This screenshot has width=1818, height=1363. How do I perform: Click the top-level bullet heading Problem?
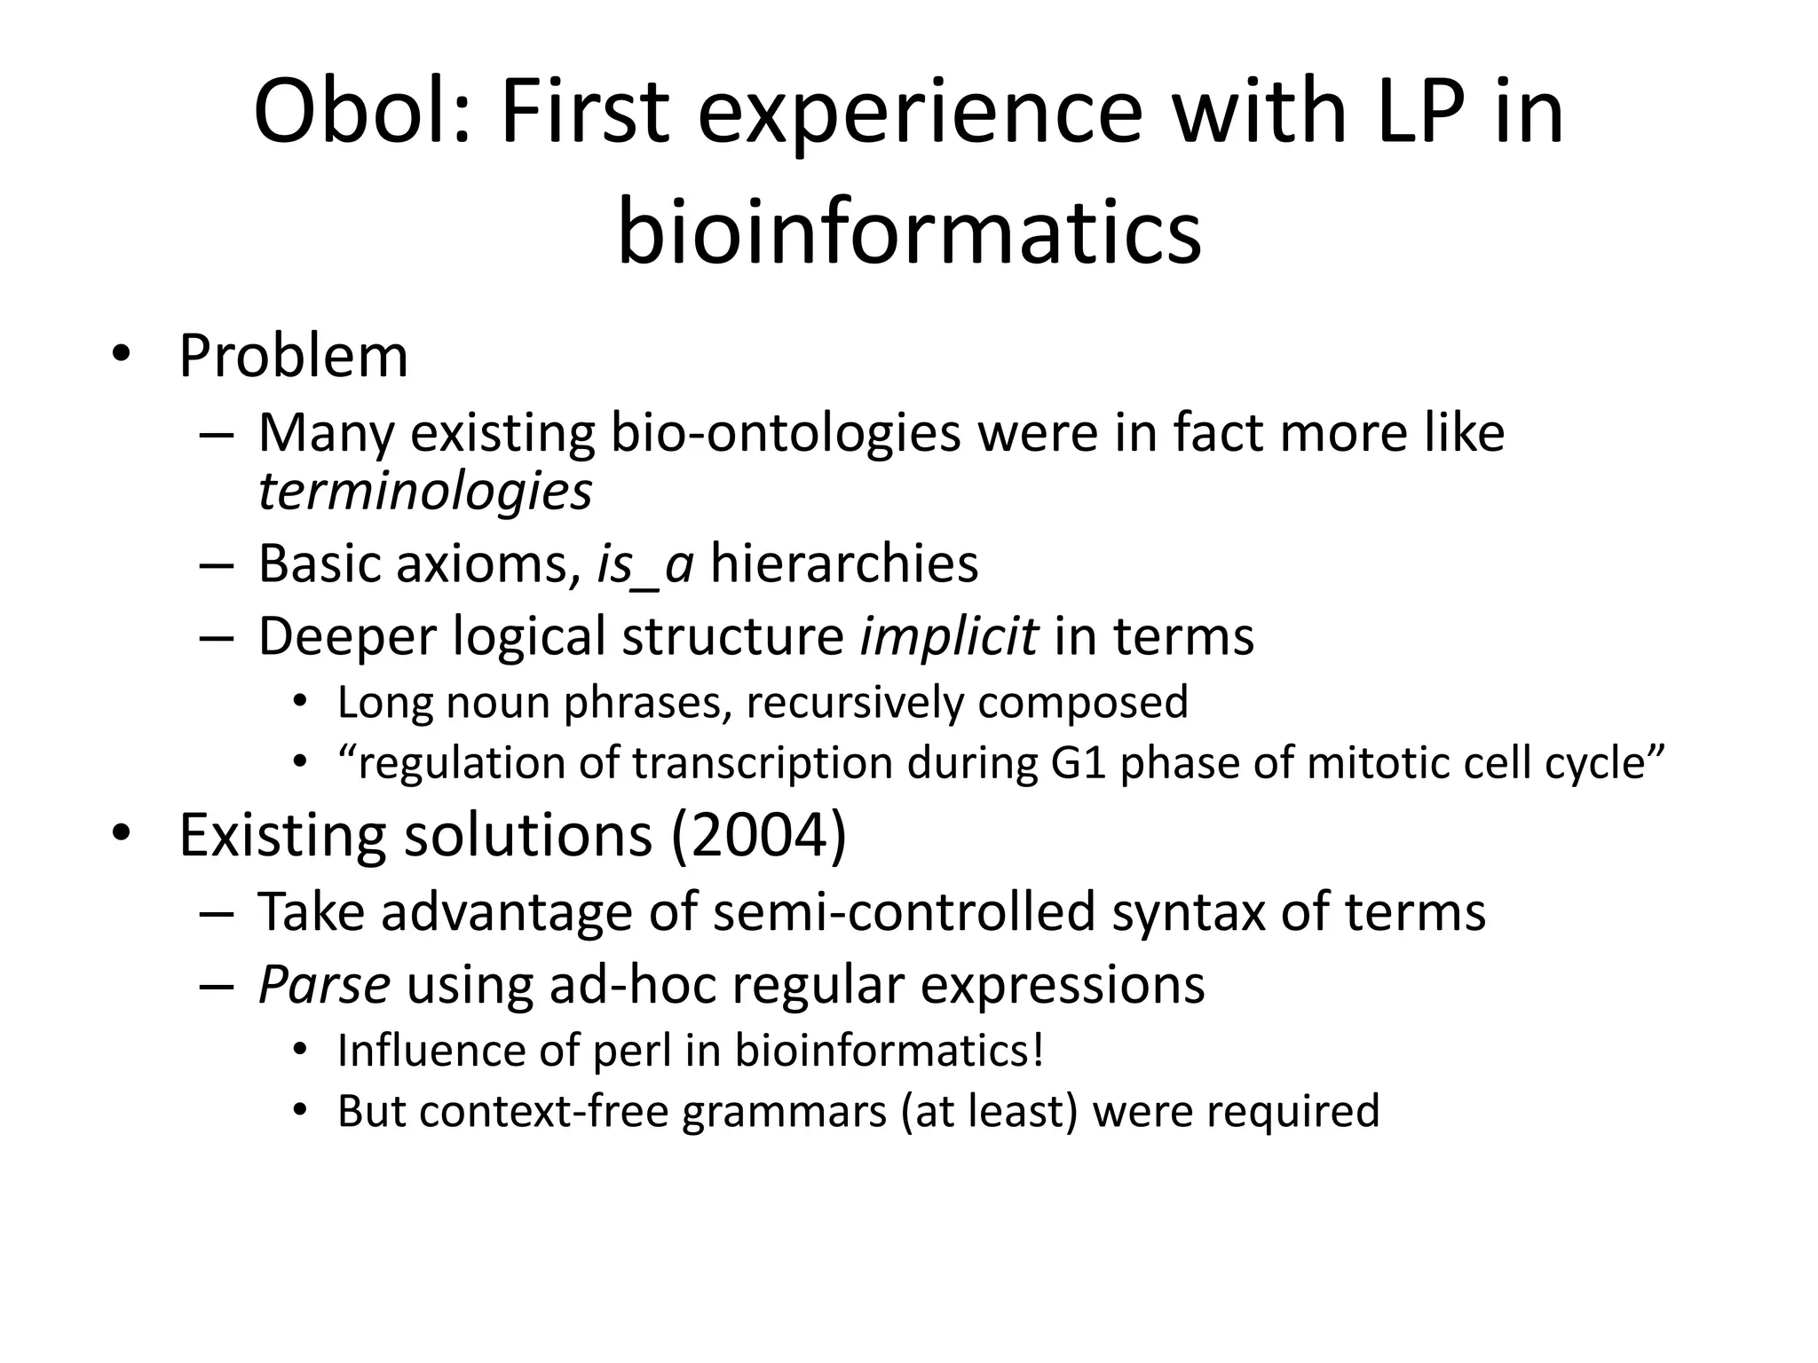point(293,356)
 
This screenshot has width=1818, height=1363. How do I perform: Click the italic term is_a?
point(644,563)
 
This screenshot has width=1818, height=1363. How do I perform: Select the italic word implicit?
point(948,636)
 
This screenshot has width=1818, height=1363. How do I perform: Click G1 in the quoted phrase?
point(1078,763)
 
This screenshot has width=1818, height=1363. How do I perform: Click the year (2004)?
point(759,835)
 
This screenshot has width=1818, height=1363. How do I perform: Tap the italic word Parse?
point(324,984)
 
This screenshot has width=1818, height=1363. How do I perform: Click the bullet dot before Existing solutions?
point(121,833)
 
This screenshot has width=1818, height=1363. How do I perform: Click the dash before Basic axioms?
point(216,565)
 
